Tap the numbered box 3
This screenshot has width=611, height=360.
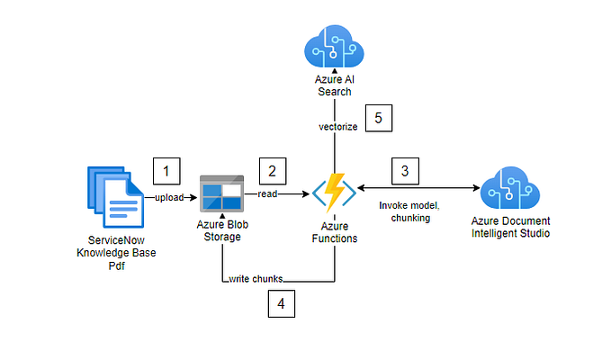click(404, 169)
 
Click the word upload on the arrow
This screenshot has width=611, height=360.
click(169, 196)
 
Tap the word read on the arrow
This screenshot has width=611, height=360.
click(267, 193)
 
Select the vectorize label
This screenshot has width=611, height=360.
click(337, 127)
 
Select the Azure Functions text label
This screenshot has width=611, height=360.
click(336, 233)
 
